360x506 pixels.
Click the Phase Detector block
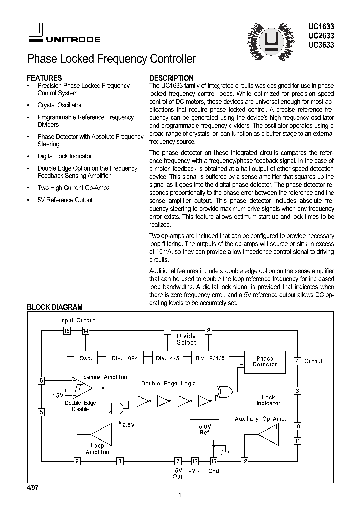265,361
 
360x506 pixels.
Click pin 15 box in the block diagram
67,330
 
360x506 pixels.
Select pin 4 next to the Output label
297,361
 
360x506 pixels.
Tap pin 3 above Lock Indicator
297,391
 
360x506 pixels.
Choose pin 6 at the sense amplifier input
41,381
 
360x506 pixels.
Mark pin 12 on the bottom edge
244,461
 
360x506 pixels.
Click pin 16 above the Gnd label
213,461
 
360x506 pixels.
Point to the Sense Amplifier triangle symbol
81,387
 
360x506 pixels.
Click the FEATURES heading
44,78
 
